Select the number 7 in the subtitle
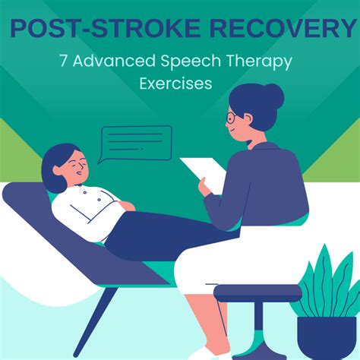(x=65, y=60)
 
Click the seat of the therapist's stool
(x=257, y=292)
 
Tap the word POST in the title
(x=46, y=29)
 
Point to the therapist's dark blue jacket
(x=266, y=190)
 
